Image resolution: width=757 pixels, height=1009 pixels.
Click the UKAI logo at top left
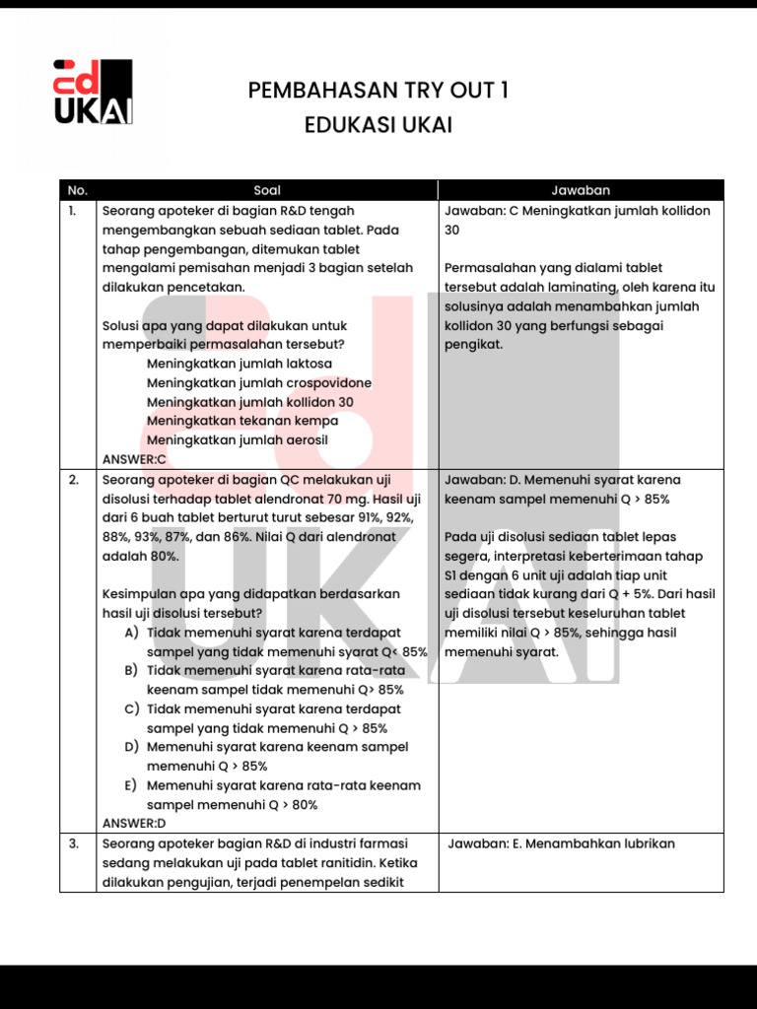pyautogui.click(x=92, y=92)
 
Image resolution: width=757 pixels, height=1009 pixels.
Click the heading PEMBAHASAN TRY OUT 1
pyautogui.click(x=378, y=91)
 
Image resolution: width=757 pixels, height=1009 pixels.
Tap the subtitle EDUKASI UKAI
pyautogui.click(x=378, y=125)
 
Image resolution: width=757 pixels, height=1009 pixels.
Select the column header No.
pyautogui.click(x=78, y=190)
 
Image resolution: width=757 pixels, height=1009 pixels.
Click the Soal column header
pyautogui.click(x=267, y=190)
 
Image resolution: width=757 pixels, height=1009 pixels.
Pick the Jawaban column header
pyautogui.click(x=581, y=190)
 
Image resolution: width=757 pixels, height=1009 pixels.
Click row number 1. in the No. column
pyautogui.click(x=73, y=211)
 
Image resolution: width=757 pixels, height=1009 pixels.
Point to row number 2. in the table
pyautogui.click(x=74, y=480)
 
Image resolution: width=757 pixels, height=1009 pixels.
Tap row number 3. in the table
pyautogui.click(x=74, y=843)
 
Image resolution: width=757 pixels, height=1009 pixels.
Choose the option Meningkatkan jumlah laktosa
pyautogui.click(x=240, y=364)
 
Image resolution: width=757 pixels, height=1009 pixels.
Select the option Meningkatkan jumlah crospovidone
pyautogui.click(x=259, y=383)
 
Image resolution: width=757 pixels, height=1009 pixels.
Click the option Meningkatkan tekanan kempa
pyautogui.click(x=242, y=421)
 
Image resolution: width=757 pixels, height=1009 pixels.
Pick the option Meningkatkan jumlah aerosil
pyautogui.click(x=238, y=440)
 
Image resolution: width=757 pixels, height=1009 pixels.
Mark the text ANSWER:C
pyautogui.click(x=135, y=459)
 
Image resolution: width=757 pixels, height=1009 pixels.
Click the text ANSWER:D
pyautogui.click(x=135, y=823)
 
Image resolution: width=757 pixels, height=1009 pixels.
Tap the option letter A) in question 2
pyautogui.click(x=131, y=633)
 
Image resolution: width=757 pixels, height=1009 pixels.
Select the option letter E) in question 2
pyautogui.click(x=131, y=785)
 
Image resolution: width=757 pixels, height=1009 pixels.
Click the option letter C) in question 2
pyautogui.click(x=131, y=708)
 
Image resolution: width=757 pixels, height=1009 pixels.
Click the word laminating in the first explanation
pyautogui.click(x=593, y=288)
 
